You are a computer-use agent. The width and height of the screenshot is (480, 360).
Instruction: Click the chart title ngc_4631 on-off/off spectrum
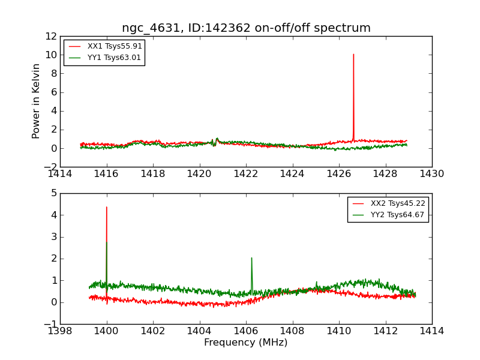[246, 28]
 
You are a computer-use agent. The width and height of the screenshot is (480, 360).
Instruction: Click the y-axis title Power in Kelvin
[37, 101]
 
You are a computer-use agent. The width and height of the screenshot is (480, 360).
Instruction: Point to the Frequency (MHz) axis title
[246, 343]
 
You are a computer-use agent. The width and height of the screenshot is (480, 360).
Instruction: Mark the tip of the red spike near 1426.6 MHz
[353, 54]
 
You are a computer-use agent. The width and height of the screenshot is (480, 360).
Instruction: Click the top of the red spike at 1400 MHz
[107, 207]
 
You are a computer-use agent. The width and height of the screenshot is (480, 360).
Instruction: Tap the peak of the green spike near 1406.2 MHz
[251, 258]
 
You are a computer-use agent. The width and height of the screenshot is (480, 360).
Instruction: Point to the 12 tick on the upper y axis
[50, 36]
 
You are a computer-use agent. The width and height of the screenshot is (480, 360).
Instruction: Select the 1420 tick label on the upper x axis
[199, 174]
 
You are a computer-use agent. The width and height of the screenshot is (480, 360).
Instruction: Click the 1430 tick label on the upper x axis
[432, 174]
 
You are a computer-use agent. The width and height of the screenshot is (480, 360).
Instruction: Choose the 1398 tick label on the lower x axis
[60, 331]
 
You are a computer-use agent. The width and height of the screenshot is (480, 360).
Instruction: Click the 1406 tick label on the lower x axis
[246, 331]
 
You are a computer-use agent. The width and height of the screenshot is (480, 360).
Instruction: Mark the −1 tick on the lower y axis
[51, 324]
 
